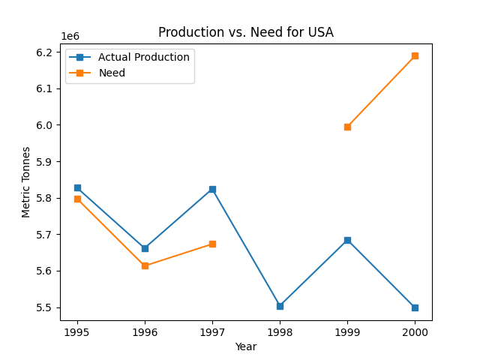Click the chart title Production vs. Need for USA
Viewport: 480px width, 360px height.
coord(245,32)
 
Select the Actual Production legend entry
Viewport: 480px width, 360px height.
coord(143,58)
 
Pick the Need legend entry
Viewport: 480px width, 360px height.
coord(112,73)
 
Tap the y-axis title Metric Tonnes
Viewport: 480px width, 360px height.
coord(26,182)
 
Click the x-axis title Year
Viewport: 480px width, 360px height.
coord(245,346)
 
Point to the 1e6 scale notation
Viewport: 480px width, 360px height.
coord(70,36)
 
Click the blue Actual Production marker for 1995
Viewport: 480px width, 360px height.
coord(77,187)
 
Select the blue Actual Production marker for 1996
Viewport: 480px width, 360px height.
coord(145,248)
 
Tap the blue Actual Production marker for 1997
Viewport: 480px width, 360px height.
coord(212,189)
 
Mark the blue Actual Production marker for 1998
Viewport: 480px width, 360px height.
coord(280,306)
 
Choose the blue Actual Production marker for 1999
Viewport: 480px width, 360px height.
coord(347,240)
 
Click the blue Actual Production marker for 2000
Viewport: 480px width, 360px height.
coord(415,307)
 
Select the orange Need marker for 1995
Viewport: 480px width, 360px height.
coord(77,199)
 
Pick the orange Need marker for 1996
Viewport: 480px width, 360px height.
coord(145,265)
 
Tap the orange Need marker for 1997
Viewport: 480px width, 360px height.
coord(212,244)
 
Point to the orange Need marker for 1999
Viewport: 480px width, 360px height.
coord(347,127)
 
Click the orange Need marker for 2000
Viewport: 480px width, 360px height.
coord(415,55)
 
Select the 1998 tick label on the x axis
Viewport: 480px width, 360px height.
coord(280,332)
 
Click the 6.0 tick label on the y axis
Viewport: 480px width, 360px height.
coord(46,125)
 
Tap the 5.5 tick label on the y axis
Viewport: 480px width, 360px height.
coord(46,307)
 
